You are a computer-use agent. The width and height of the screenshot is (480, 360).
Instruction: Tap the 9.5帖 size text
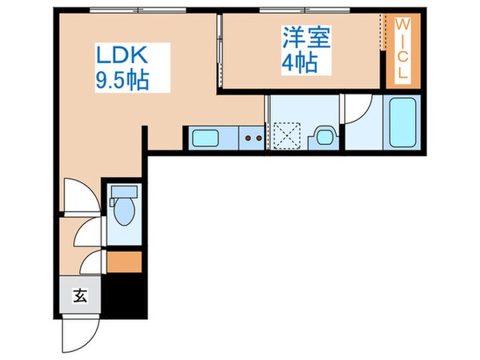pos(121,81)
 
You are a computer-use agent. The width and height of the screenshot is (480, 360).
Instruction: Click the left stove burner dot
pos(248,138)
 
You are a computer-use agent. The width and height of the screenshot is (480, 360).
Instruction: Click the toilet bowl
pos(124,215)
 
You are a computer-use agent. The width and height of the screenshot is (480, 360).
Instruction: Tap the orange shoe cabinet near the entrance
pos(124,262)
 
